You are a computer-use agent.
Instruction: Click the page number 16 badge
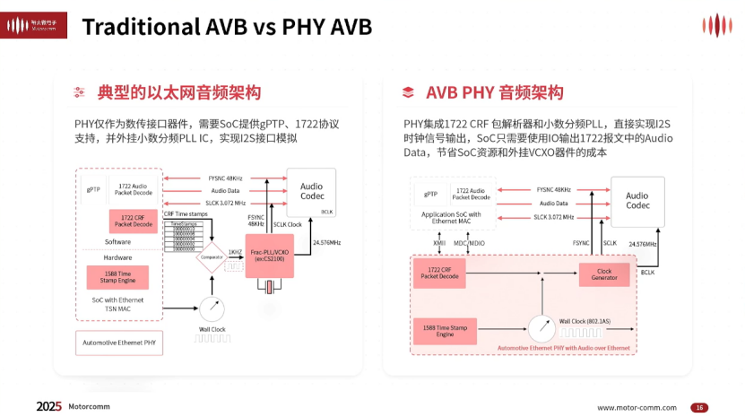point(699,407)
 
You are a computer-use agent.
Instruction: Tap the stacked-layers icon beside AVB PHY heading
point(408,92)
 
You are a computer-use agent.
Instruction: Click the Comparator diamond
point(211,257)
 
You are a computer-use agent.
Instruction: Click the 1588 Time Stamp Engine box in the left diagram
point(117,278)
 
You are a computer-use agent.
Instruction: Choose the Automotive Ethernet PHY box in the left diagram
point(118,343)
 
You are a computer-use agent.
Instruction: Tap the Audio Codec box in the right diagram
point(637,201)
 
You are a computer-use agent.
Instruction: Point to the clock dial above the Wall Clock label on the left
point(211,310)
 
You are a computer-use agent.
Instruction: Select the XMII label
point(439,243)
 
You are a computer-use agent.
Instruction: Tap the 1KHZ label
point(235,252)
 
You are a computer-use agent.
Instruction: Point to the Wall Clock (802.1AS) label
point(585,320)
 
